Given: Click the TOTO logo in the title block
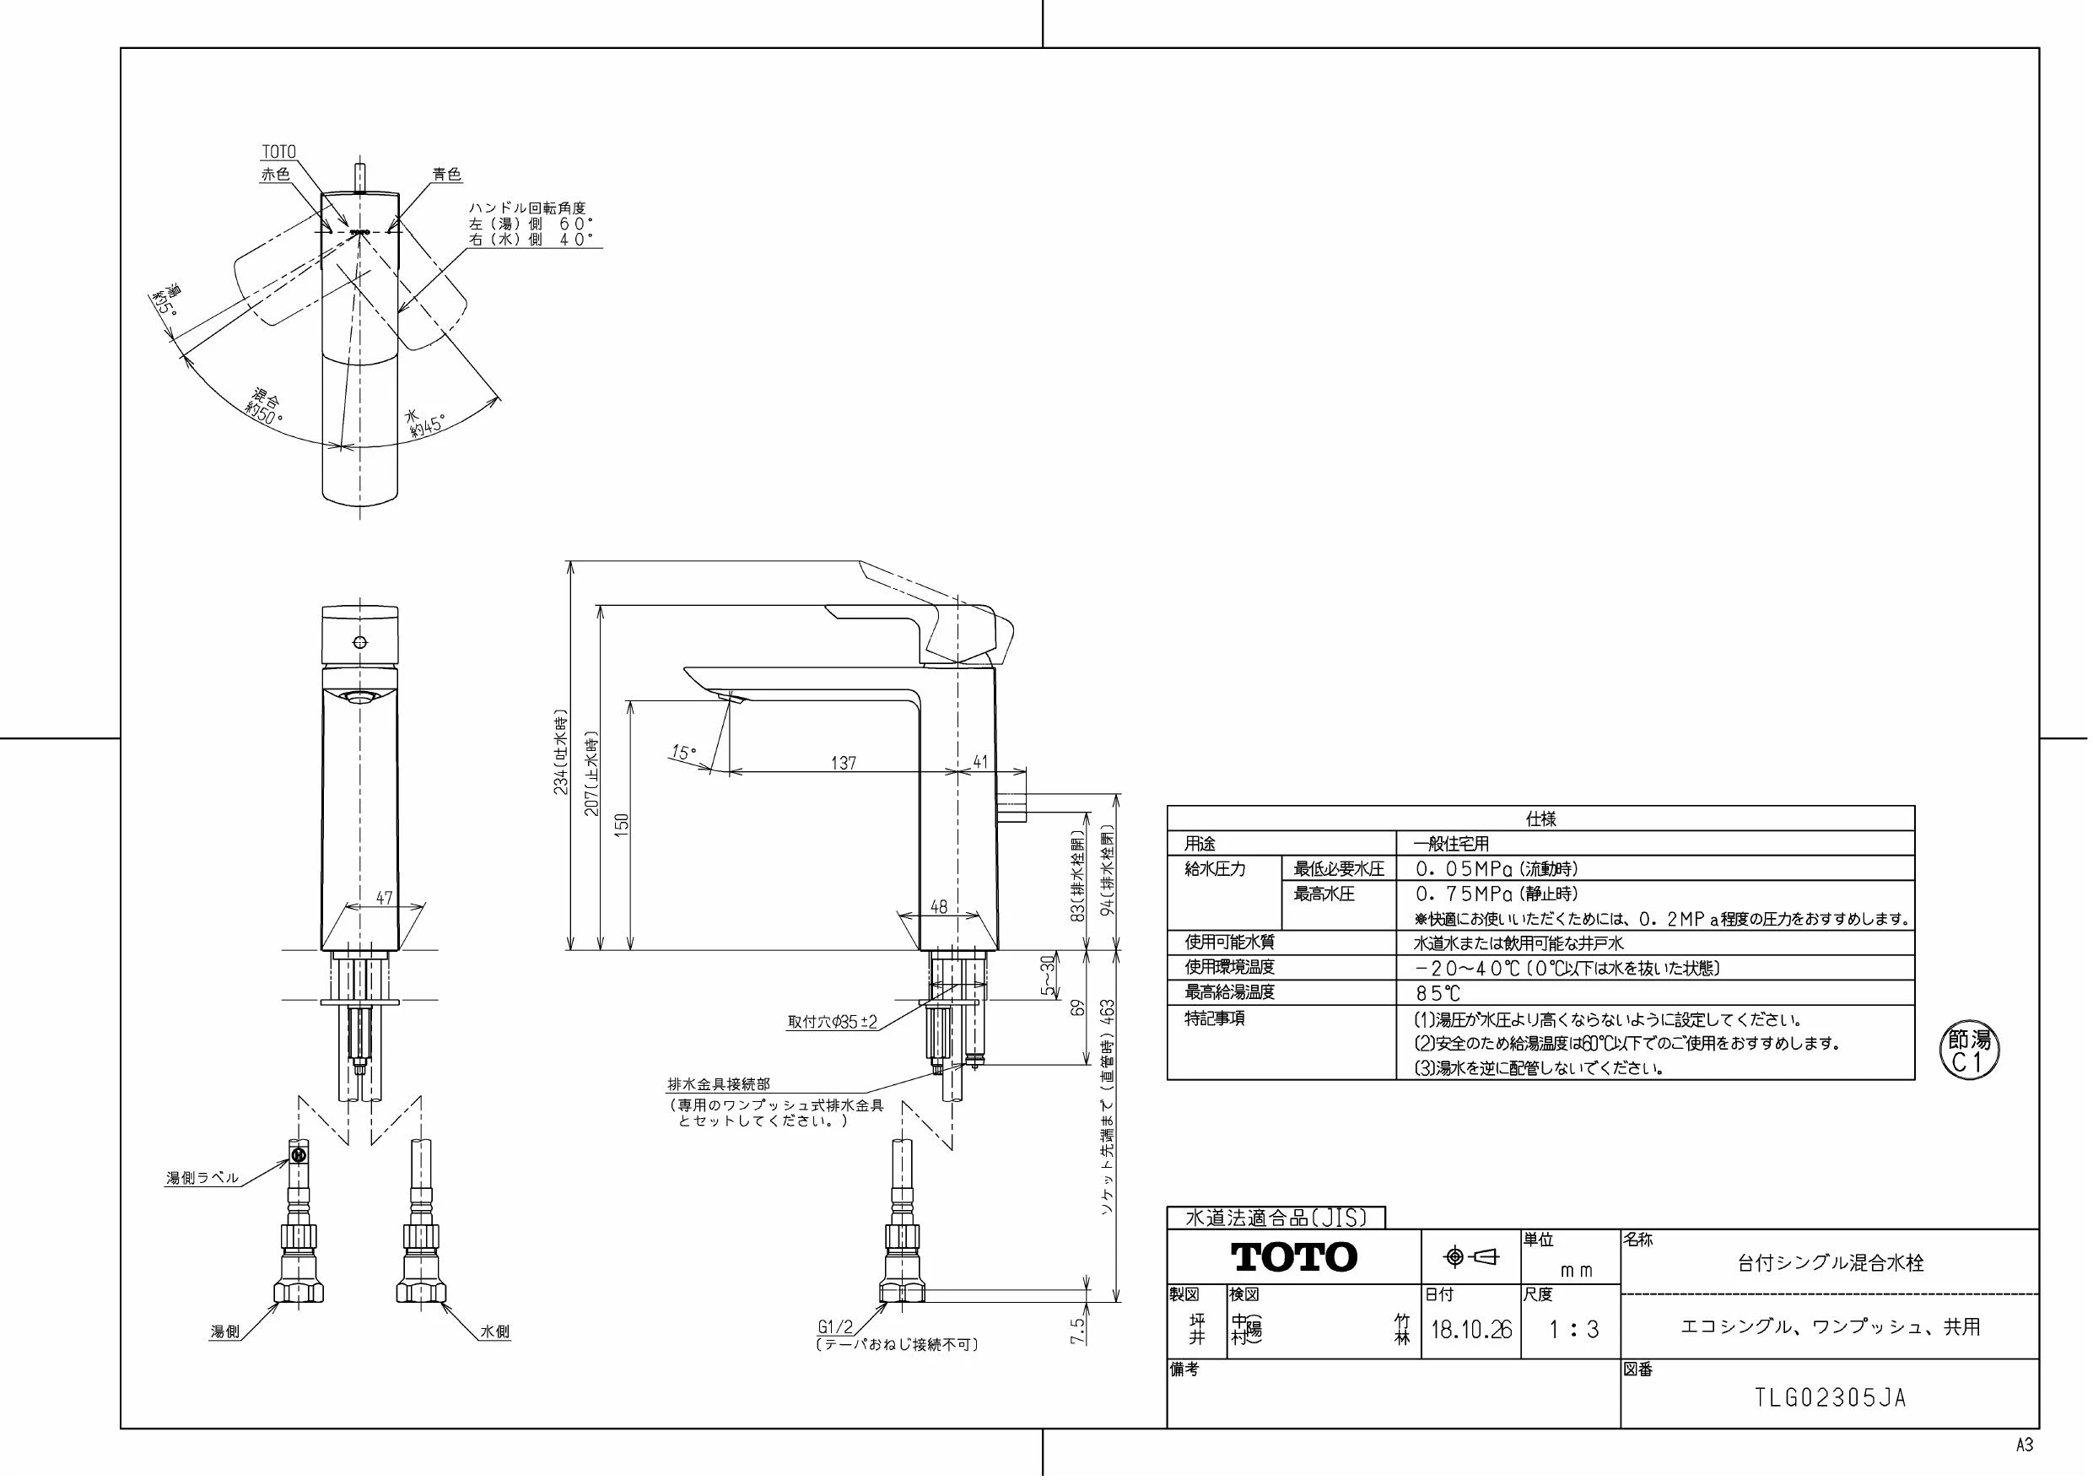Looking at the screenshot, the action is coord(1293,1256).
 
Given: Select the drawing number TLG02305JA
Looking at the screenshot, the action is coord(1831,1398).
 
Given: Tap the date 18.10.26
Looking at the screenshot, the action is coord(1471,1330).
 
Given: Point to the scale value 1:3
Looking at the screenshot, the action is coord(1574,1330).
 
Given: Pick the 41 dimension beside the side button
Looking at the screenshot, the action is coord(980,761).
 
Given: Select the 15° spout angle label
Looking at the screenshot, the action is coord(683,754).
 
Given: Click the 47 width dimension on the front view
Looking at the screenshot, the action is coord(384,899).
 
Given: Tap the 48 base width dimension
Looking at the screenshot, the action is coord(939,906).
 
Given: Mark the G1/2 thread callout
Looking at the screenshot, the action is coord(835,1328).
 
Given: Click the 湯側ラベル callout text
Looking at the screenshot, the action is coord(202,1177).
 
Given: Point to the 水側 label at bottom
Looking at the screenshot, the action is coord(495,1332).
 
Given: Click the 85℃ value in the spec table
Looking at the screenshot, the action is coord(1438,993).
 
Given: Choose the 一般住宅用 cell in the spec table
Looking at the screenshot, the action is coord(1450,845).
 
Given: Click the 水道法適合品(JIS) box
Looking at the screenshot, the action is coord(1276,1218).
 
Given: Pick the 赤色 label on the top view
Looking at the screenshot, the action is coord(275,174).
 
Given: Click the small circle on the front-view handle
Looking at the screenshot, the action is coord(360,642).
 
